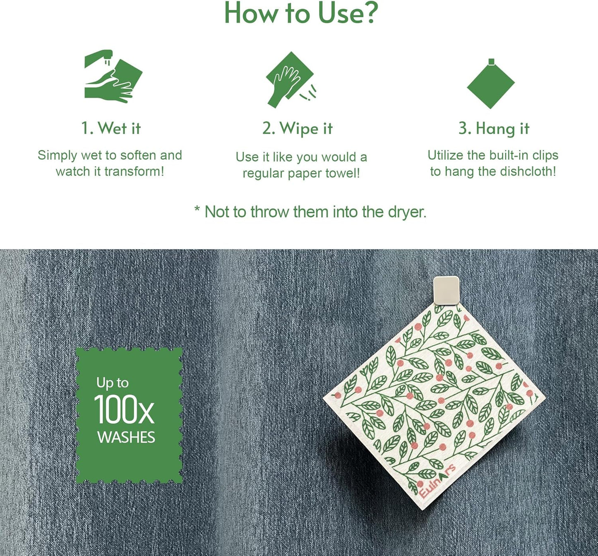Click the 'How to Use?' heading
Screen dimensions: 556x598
click(301, 13)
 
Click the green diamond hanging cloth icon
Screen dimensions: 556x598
click(491, 84)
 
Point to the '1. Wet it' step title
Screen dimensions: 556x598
click(111, 128)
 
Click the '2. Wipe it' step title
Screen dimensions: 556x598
click(297, 129)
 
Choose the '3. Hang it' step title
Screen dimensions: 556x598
click(494, 129)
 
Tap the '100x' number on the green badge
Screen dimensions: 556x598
click(124, 410)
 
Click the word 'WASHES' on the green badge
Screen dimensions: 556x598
click(126, 438)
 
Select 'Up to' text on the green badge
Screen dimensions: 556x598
click(112, 383)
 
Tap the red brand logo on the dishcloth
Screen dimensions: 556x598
click(437, 481)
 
